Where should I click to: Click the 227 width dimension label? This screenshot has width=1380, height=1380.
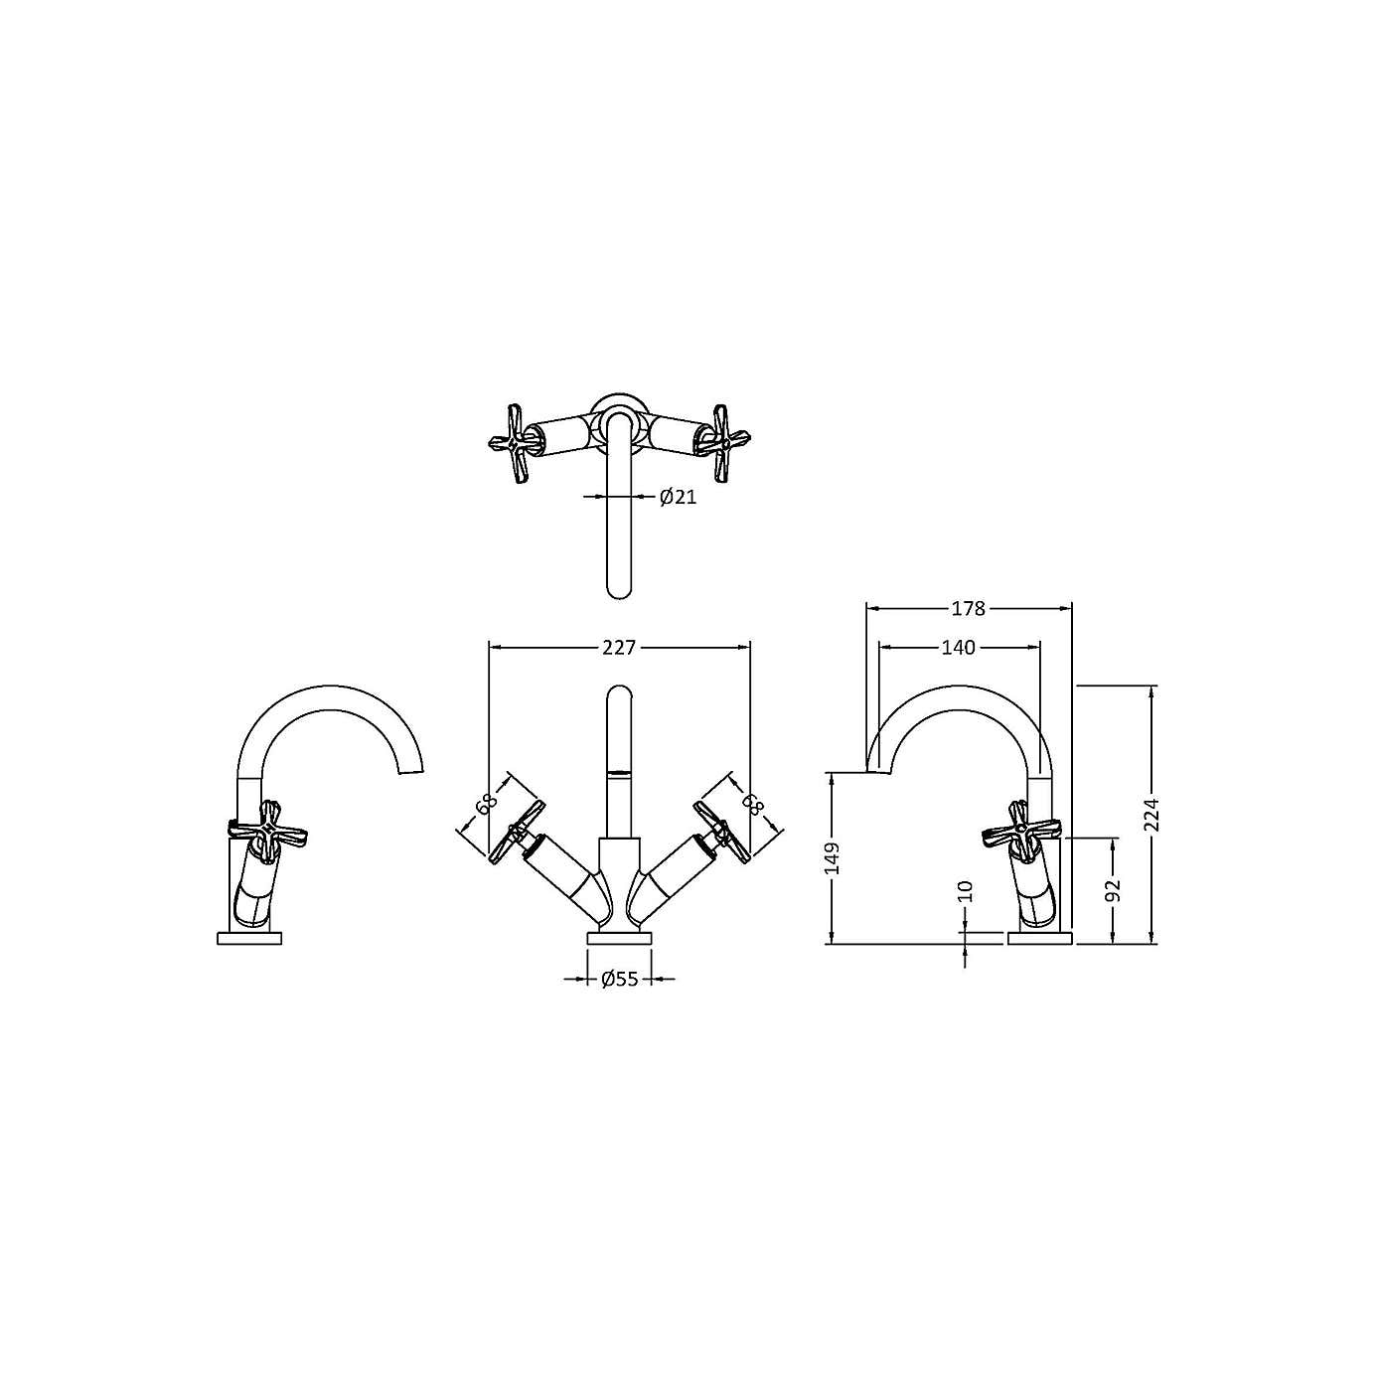coord(618,648)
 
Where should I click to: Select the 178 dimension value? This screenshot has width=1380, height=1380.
coord(968,608)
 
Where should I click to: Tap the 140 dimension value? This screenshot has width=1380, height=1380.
coord(958,648)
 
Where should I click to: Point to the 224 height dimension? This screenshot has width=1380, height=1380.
coord(1151,815)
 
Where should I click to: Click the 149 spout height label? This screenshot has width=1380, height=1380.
coord(832,857)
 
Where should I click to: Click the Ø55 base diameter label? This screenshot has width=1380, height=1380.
coord(619,980)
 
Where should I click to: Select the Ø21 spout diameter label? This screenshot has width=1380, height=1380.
coord(678,497)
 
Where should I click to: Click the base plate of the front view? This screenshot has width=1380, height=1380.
coord(619,938)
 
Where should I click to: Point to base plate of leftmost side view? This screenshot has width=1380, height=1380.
coord(250,938)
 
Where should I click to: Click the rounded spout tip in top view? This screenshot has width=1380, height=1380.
coord(619,586)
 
